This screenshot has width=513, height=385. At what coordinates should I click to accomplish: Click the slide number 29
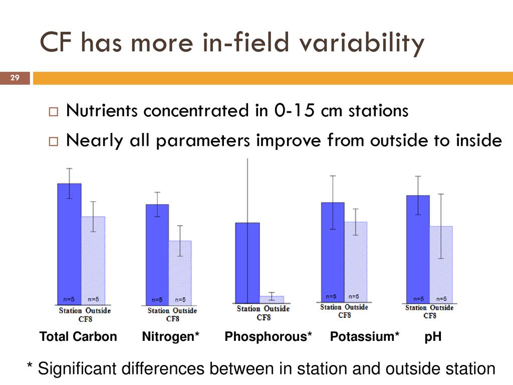pyautogui.click(x=15, y=78)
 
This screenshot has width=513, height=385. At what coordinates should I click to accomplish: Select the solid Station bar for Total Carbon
pyautogui.click(x=69, y=244)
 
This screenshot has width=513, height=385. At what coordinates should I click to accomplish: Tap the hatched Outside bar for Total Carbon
pyautogui.click(x=93, y=261)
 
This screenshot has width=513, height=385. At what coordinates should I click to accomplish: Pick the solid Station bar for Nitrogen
pyautogui.click(x=157, y=255)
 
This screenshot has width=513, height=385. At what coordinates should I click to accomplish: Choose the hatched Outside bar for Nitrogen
pyautogui.click(x=180, y=273)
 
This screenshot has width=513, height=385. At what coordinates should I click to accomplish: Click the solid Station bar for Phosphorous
pyautogui.click(x=247, y=263)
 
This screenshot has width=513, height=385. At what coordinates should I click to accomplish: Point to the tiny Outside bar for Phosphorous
pyautogui.click(x=272, y=300)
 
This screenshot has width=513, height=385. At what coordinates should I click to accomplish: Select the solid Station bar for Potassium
pyautogui.click(x=333, y=252)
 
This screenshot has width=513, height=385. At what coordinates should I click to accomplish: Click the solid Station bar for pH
pyautogui.click(x=418, y=249)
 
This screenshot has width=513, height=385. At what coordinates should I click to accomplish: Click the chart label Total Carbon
pyautogui.click(x=78, y=336)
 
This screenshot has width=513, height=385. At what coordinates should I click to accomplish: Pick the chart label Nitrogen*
pyautogui.click(x=170, y=336)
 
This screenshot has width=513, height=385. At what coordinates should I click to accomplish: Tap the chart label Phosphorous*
pyautogui.click(x=269, y=336)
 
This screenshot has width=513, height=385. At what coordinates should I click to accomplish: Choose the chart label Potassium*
pyautogui.click(x=365, y=336)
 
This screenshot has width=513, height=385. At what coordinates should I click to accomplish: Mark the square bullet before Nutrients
pyautogui.click(x=53, y=112)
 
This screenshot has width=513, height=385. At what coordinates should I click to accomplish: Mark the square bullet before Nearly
pyautogui.click(x=53, y=141)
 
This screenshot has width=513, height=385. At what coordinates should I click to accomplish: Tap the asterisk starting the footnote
pyautogui.click(x=30, y=365)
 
